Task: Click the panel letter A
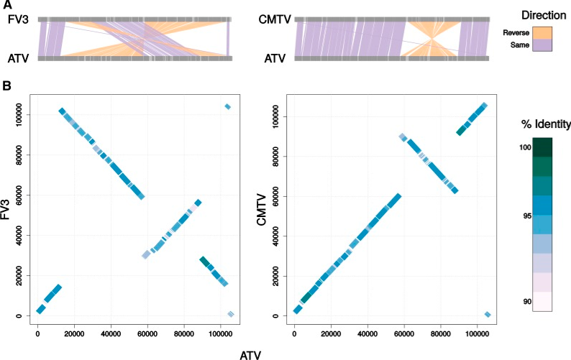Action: click(5, 6)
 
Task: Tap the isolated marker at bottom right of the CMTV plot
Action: click(488, 314)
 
